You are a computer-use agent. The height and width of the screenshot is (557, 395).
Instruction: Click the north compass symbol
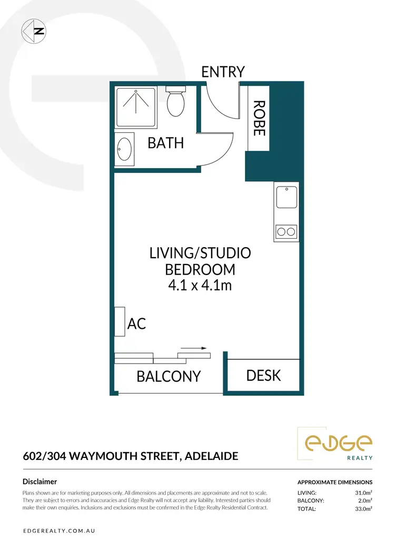[x=33, y=31]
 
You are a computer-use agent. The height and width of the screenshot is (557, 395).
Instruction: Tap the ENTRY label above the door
[x=223, y=72]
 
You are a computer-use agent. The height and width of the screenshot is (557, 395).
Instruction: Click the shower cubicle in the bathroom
[x=136, y=108]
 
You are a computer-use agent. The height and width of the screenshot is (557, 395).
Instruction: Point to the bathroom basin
[x=125, y=149]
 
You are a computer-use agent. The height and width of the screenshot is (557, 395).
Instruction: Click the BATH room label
[x=165, y=143]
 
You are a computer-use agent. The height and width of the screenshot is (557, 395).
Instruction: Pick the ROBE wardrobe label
[x=259, y=119]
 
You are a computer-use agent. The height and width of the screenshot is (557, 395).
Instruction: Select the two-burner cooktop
[x=286, y=231]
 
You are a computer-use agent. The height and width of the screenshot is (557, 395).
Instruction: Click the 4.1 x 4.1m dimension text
[x=200, y=286]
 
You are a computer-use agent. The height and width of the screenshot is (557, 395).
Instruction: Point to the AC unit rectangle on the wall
[x=120, y=321]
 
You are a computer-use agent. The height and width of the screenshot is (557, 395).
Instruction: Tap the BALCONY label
[x=169, y=376]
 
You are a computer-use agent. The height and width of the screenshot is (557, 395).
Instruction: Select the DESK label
[x=263, y=375]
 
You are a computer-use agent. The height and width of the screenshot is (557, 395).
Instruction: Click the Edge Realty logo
[x=335, y=444]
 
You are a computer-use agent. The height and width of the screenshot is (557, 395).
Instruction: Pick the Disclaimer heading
[x=40, y=481]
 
